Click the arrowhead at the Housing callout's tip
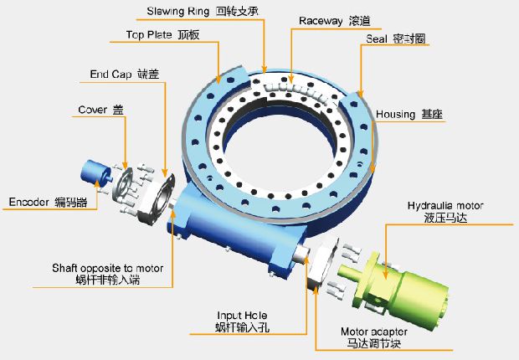373,170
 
